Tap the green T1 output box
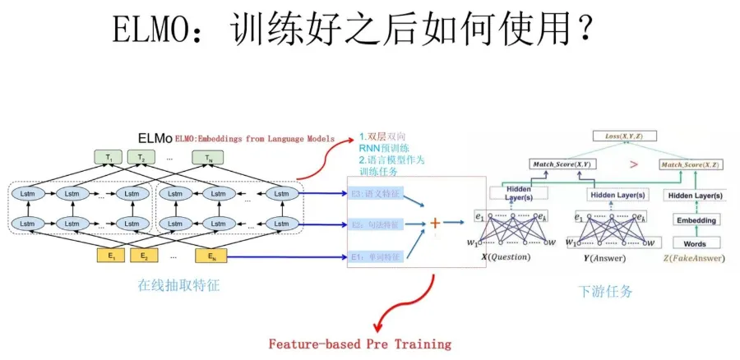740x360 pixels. (x=109, y=158)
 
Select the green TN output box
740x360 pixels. (x=207, y=158)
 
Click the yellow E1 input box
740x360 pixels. (x=109, y=255)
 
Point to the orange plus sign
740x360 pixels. (x=435, y=222)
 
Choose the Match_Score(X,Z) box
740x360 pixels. (x=693, y=164)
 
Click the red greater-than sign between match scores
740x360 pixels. (x=633, y=164)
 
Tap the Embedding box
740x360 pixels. (x=696, y=219)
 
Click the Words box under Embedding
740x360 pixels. (x=696, y=243)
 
